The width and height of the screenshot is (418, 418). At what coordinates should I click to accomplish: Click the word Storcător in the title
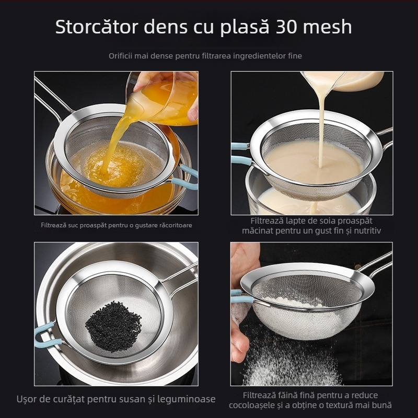(100, 27)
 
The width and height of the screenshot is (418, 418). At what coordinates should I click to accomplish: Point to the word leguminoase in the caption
(190, 399)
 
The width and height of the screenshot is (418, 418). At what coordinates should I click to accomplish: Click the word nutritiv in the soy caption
(365, 230)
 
